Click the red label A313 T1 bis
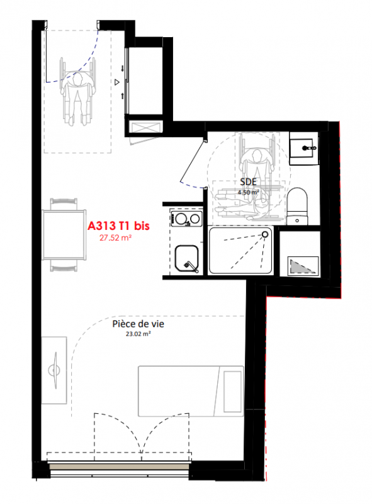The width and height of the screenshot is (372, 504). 118,226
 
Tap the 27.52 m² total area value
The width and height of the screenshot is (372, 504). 115,238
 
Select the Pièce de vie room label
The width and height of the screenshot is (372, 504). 138,324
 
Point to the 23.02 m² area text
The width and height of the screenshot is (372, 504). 138,334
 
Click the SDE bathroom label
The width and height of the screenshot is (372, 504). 249,182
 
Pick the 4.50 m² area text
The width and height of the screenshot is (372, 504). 248,192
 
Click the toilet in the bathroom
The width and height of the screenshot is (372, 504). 297,207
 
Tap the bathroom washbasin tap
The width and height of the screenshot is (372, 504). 309,148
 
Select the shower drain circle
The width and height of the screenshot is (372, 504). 265,234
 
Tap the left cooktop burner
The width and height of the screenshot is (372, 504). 180,219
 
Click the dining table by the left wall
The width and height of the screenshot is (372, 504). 64,234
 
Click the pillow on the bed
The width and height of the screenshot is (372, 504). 232,391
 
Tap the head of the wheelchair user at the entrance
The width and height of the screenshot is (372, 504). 77,79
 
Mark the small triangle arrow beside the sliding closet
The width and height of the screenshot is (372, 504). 117,83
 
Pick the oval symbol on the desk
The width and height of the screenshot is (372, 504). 54,370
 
